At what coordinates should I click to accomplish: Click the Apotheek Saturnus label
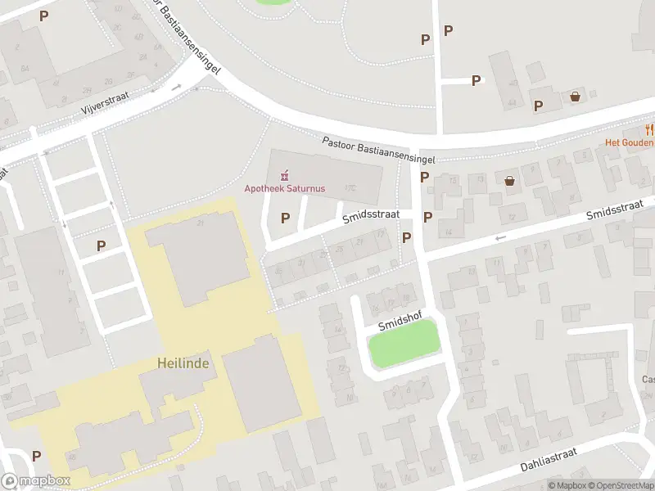tap(285, 188)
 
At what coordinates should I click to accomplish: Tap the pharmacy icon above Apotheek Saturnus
tap(285, 174)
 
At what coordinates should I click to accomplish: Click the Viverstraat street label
tap(106, 105)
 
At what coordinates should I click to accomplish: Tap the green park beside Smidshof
tap(404, 345)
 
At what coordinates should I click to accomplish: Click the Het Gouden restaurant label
tap(629, 142)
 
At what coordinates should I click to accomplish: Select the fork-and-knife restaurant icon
tap(649, 129)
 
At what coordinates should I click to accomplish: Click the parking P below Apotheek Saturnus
tap(285, 218)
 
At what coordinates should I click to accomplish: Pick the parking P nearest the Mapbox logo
tap(36, 456)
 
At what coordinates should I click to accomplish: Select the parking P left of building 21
tap(102, 245)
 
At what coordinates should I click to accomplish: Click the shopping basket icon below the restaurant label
tap(510, 181)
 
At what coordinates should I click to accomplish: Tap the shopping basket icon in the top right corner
tap(576, 97)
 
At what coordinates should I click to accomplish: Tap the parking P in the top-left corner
tap(43, 16)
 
